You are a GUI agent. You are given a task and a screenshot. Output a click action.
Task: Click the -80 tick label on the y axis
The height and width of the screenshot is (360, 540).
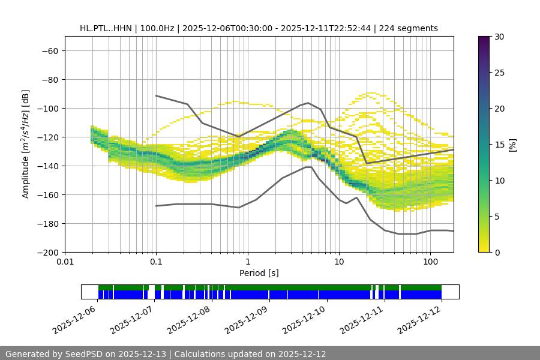pos(49,79)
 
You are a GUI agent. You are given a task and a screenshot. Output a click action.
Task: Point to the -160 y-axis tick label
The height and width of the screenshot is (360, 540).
pos(47,194)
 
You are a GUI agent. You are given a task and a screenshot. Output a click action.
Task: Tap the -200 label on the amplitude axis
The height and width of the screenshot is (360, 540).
pos(47,252)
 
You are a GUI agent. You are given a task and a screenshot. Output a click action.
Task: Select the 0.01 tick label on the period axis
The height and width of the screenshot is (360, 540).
pos(65,262)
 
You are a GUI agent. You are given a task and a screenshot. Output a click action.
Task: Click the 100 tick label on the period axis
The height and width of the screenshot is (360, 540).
pos(430,262)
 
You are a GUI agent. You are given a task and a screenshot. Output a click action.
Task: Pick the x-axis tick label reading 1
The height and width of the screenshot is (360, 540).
pos(248,262)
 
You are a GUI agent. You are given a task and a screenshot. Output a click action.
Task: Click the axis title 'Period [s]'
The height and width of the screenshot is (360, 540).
pos(259,273)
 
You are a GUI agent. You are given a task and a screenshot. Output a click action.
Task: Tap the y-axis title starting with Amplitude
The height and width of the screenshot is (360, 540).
pos(26,144)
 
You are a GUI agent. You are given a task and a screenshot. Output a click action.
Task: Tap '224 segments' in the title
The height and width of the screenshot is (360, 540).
pos(411,28)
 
